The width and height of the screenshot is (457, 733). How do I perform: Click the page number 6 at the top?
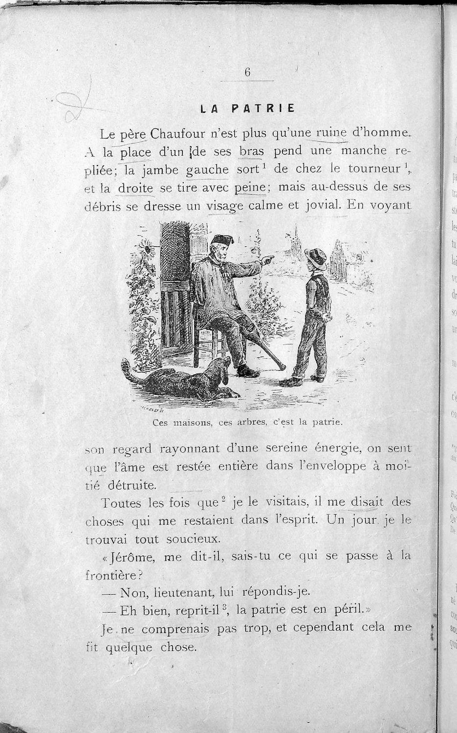pos(247,72)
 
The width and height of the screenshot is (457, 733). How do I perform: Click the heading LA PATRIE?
pos(247,108)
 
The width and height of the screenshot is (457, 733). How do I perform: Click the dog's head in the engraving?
pos(222,367)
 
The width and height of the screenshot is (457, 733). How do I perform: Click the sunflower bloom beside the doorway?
pos(148,249)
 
